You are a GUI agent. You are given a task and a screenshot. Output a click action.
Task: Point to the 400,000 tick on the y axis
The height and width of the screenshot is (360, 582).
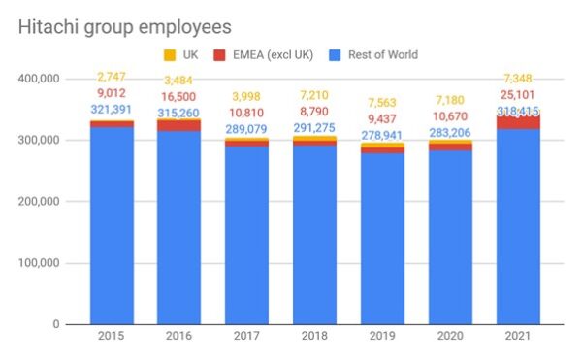point(40,79)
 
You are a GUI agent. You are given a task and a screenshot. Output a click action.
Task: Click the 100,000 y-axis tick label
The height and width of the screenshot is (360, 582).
point(40,263)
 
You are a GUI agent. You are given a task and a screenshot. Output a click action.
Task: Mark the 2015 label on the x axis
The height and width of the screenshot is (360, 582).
point(112,337)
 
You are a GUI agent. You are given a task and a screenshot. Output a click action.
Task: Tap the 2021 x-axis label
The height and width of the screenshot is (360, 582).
point(518,337)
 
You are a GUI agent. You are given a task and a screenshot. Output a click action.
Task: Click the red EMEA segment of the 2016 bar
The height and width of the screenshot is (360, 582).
point(179,125)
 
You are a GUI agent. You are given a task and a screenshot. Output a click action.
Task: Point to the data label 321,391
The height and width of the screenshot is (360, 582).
point(112,110)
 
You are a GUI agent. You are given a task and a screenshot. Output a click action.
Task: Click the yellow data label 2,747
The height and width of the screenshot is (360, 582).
point(112,77)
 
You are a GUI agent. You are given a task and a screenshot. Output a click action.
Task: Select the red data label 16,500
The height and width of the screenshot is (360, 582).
point(179,98)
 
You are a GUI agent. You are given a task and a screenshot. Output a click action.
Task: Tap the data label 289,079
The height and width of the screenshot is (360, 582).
point(247,130)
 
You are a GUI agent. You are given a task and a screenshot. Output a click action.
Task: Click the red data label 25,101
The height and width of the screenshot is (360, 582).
point(518,94)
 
